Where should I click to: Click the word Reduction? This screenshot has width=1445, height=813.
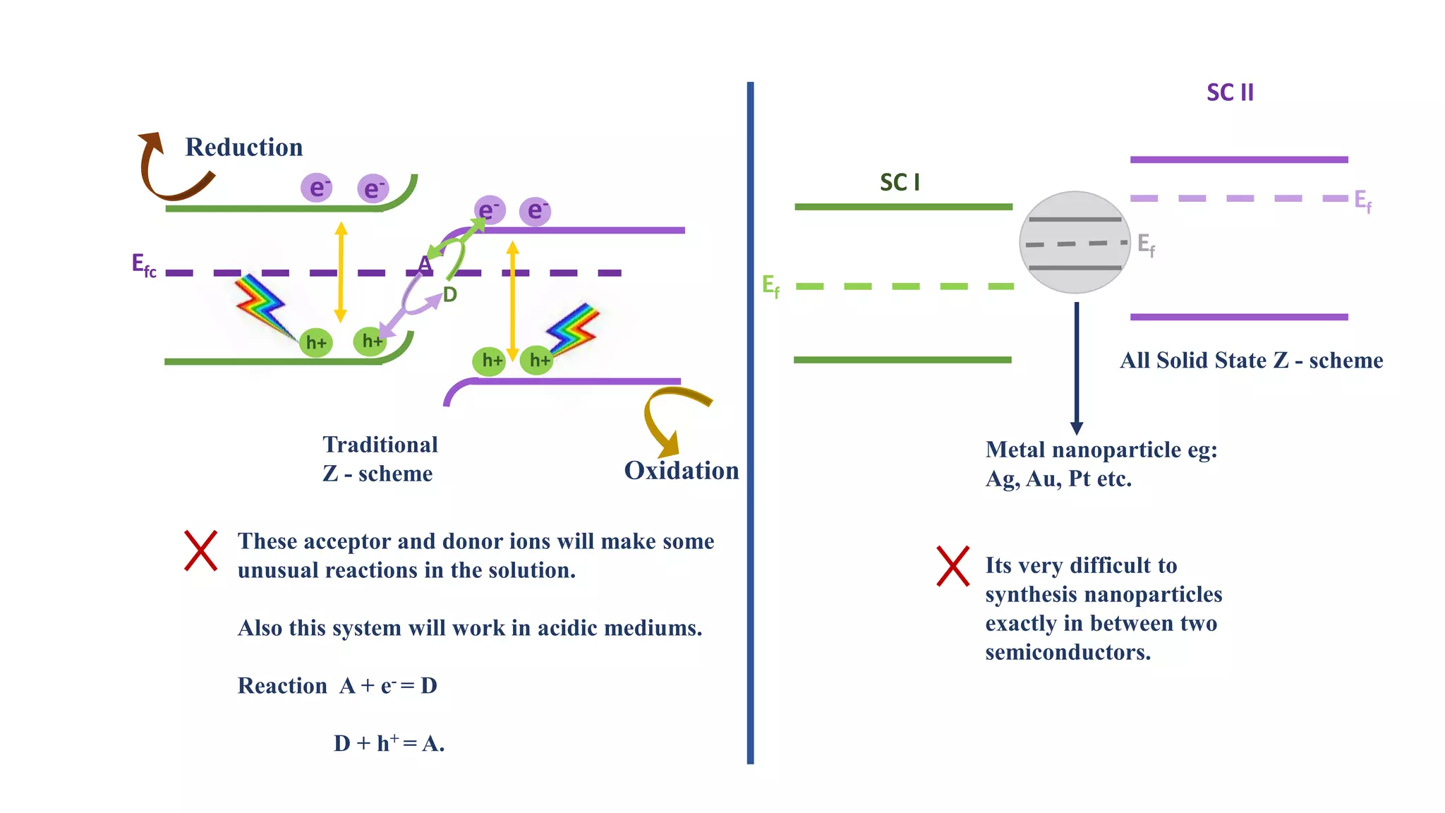tap(243, 147)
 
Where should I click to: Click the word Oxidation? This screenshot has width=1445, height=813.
tap(681, 471)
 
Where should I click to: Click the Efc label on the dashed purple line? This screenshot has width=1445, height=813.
tap(144, 265)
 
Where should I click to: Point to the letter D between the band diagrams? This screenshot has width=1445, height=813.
tap(450, 294)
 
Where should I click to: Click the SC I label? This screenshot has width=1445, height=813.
tap(900, 183)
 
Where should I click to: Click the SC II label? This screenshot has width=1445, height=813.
tap(1230, 92)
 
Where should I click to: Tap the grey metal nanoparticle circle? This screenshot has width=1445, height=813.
tap(1075, 242)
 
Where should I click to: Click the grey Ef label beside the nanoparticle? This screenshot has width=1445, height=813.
tap(1146, 245)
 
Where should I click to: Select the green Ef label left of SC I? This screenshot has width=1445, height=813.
tap(770, 286)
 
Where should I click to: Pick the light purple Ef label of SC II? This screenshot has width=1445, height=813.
tap(1362, 200)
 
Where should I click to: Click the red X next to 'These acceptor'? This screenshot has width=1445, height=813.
tap(201, 550)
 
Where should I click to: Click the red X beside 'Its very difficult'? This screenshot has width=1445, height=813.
tap(953, 565)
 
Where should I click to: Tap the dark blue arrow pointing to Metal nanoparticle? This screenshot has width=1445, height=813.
tap(1076, 367)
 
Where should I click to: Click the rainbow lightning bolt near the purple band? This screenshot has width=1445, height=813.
tap(575, 328)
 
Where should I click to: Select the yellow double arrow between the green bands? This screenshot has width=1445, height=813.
tap(341, 272)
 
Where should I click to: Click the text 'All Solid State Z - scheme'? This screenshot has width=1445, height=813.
tap(1251, 361)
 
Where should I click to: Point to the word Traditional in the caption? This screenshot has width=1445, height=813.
tap(380, 445)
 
